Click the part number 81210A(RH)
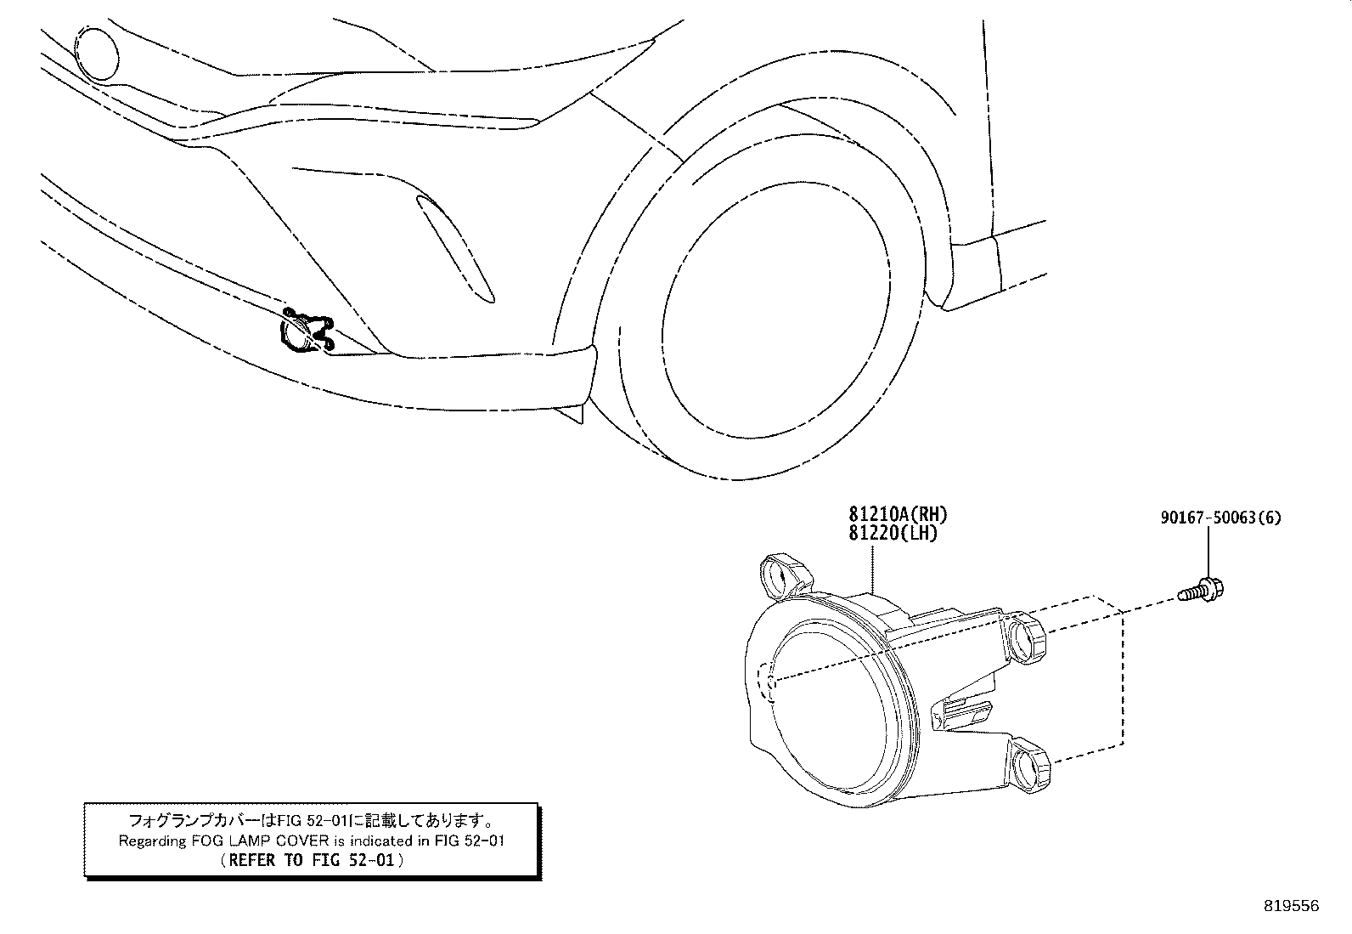pos(898,514)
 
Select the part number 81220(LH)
pos(893,534)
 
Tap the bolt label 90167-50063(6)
pos(1220,518)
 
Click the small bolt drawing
pos(1200,590)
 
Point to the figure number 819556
pos(1292,906)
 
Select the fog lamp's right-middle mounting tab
pos(1025,637)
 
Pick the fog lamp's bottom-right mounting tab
pos(1029,764)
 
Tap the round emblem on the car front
pos(96,54)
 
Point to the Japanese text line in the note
pos(312,820)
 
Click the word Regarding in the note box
pos(152,841)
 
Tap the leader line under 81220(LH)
pos(873,568)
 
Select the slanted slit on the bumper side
pos(455,248)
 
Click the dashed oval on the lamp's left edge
pos(765,682)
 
